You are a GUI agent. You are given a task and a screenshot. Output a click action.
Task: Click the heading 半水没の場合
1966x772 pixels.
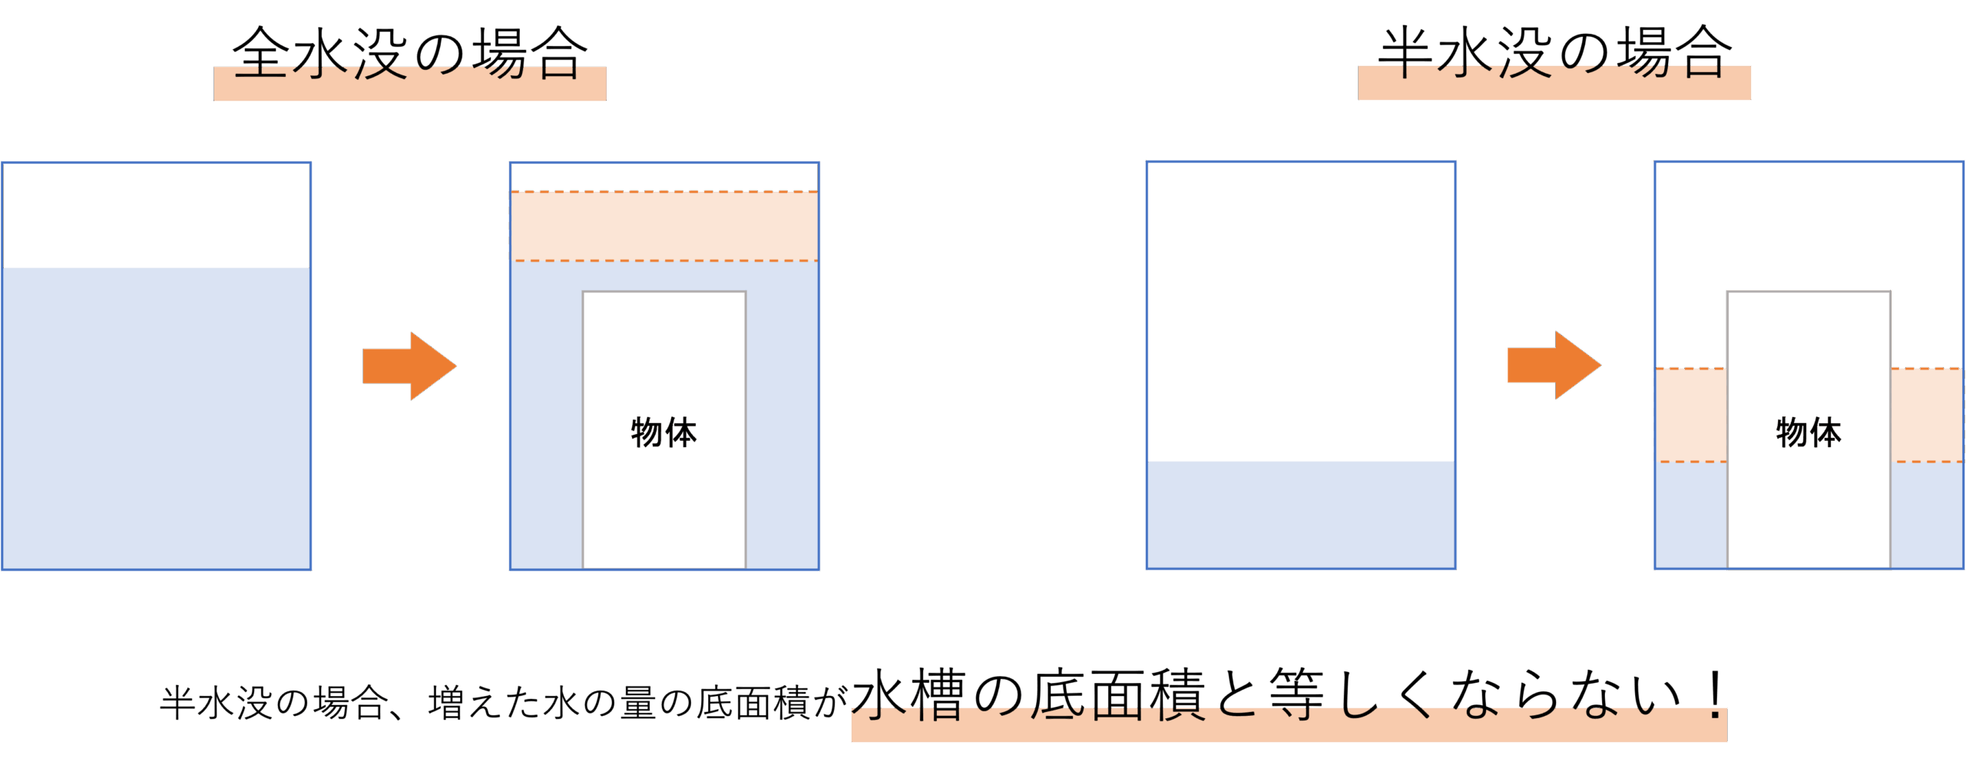click(1554, 54)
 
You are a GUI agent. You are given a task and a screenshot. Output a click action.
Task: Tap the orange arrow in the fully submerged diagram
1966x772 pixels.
click(409, 366)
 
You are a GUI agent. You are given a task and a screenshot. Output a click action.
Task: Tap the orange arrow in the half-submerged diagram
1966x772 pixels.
click(1554, 365)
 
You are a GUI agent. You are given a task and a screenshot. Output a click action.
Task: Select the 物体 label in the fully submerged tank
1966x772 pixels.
click(664, 432)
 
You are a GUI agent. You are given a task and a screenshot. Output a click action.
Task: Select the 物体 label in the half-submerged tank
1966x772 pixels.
click(1809, 432)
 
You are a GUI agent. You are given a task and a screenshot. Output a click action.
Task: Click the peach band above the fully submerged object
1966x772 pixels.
click(664, 227)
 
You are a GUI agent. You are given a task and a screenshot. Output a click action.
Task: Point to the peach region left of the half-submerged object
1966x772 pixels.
click(1691, 415)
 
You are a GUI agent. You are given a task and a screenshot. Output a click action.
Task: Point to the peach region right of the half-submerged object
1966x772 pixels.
click(1927, 415)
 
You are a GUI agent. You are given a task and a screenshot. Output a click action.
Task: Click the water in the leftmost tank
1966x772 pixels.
click(157, 419)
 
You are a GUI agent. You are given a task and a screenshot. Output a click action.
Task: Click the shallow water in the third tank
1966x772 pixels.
click(1301, 515)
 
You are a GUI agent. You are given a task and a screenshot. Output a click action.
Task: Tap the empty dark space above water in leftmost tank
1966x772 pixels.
click(157, 215)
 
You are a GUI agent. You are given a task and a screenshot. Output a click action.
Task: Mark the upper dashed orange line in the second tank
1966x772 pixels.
click(664, 192)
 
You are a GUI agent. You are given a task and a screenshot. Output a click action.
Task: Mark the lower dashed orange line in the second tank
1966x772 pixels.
click(664, 261)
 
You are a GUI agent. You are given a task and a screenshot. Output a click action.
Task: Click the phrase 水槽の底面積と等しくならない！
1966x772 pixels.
click(1289, 695)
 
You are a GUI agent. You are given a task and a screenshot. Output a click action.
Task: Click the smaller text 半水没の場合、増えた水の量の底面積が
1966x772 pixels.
click(503, 703)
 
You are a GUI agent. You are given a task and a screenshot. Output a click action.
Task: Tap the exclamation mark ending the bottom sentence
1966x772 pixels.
click(1714, 695)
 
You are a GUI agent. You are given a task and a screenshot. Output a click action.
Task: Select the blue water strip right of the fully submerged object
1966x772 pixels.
click(781, 430)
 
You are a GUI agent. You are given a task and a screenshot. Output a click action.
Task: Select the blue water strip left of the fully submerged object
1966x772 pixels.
click(547, 430)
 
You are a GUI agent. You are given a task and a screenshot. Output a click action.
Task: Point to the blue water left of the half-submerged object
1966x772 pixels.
click(1691, 515)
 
